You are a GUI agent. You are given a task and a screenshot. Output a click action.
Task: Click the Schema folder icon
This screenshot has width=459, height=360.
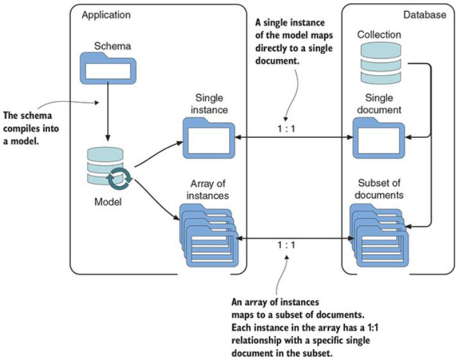tap(107, 67)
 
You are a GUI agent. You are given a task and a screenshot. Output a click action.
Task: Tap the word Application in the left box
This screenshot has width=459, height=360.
tap(106, 14)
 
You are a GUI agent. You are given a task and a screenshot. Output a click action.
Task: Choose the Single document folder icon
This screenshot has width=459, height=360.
tap(379, 138)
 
